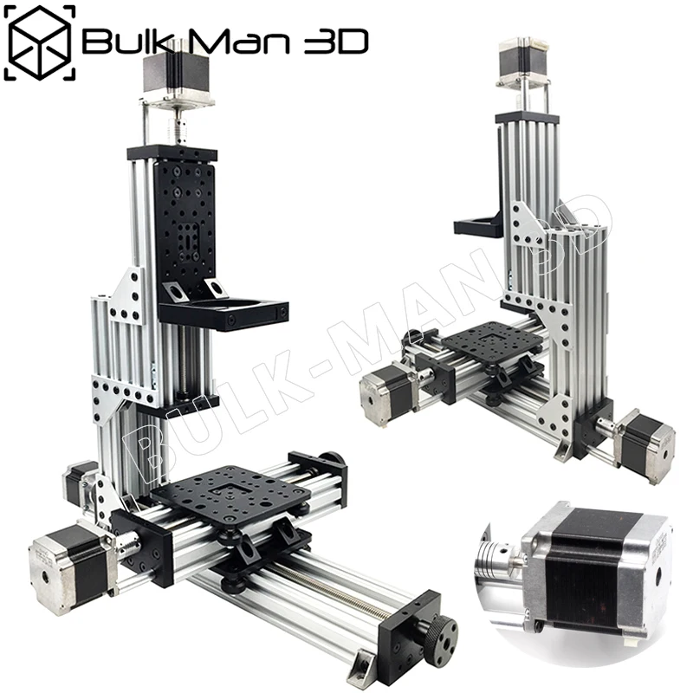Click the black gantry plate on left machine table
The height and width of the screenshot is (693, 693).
pos(230,495)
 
